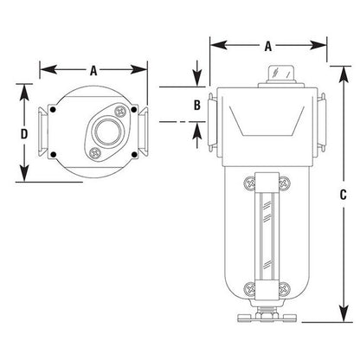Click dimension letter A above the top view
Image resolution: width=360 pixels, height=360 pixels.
coord(93,70)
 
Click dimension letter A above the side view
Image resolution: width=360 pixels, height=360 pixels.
coord(268,46)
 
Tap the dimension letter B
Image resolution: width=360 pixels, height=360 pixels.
coord(197,105)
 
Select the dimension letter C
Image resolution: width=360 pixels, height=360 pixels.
coord(343,195)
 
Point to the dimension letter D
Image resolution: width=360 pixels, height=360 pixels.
coord(24,134)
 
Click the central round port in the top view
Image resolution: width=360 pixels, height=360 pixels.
coord(108,132)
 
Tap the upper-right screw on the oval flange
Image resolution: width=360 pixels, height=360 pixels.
coord(121,111)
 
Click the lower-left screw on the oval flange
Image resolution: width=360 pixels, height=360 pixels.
coord(95,153)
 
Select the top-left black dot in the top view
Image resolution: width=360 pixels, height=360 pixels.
coord(53,110)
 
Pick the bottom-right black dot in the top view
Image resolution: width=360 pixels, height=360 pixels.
coord(134,155)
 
